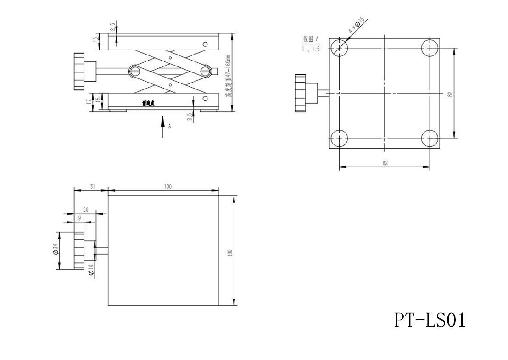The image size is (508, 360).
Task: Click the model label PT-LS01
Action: point(429,320)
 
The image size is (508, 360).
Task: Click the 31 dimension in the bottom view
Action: point(92,186)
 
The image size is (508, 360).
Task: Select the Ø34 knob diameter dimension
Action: point(55,249)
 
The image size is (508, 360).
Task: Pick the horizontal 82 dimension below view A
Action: point(385,163)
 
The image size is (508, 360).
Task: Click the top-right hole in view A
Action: point(430,48)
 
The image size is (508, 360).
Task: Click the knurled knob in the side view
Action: point(78,72)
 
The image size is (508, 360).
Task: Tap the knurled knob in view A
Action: point(301,93)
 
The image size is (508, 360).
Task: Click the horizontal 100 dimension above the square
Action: point(167,186)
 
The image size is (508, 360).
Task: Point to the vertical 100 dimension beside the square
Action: point(229,252)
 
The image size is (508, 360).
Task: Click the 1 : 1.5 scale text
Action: point(311,49)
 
